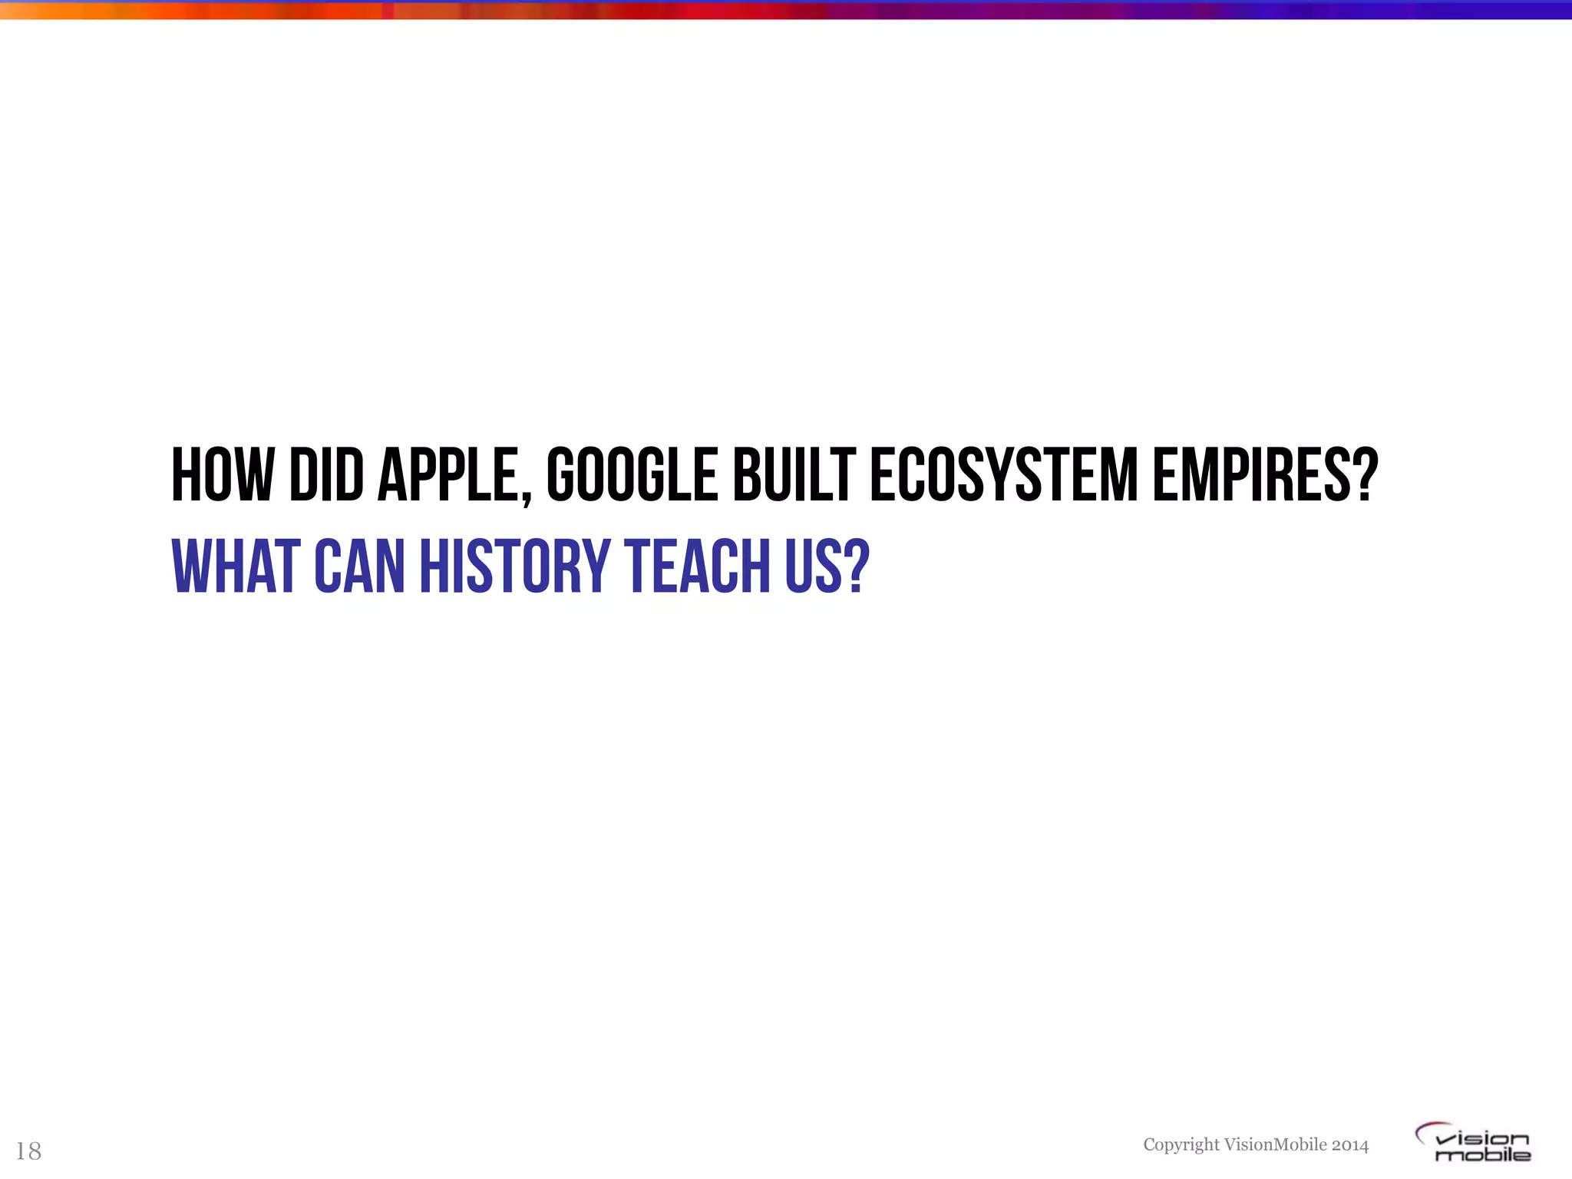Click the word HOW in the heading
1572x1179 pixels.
(222, 475)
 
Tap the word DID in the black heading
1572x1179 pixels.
(326, 475)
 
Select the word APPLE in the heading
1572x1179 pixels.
(447, 475)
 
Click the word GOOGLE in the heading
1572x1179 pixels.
(631, 475)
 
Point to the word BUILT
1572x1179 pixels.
(794, 475)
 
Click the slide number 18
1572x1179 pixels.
(28, 1151)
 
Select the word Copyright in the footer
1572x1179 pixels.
(1181, 1144)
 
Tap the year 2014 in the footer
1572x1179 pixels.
(1350, 1144)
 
